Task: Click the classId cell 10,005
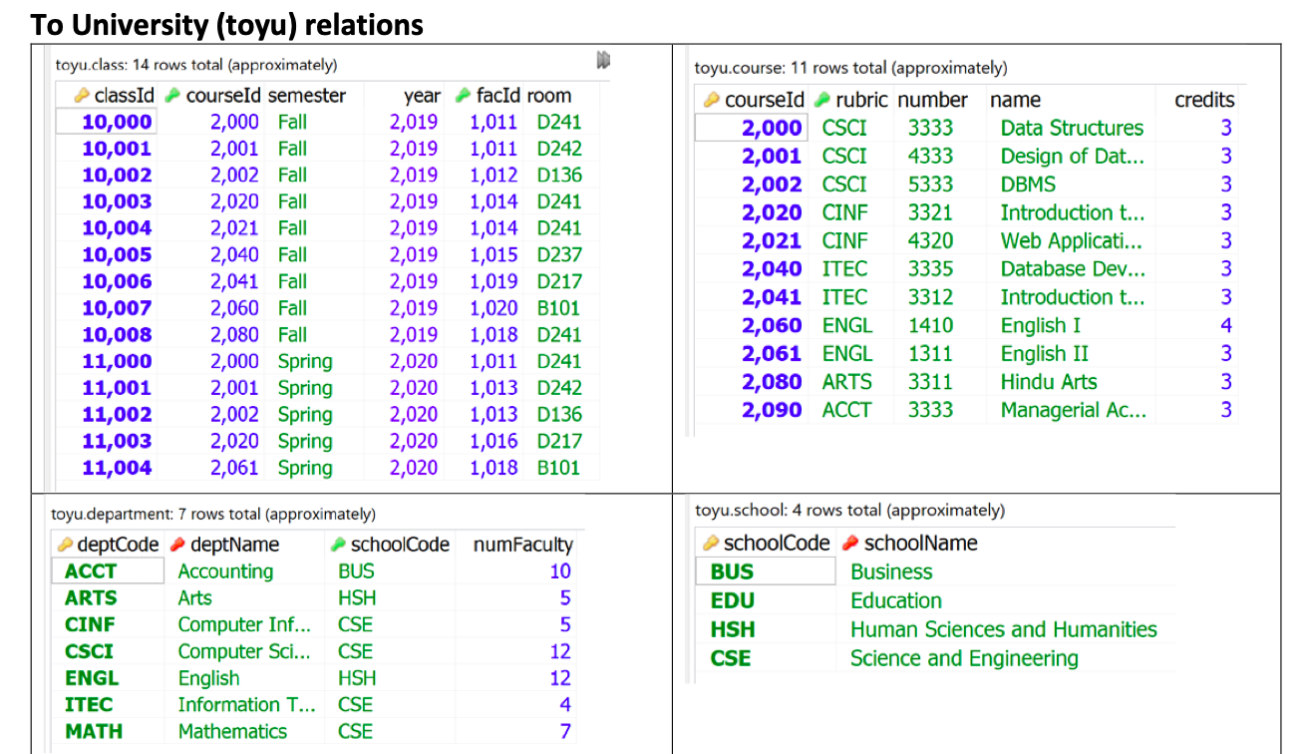coord(117,255)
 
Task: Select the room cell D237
coord(558,255)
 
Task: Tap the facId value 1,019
coord(493,281)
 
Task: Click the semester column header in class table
coord(306,96)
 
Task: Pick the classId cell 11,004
coord(117,468)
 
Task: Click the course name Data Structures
coord(1072,128)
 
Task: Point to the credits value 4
coord(1225,325)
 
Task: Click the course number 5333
coord(929,185)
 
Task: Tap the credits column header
coord(1204,100)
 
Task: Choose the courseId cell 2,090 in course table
coord(771,410)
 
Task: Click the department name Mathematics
coord(231,731)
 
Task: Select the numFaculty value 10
coord(559,571)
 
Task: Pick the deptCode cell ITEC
coord(89,704)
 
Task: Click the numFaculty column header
coord(522,545)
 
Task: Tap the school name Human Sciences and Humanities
coord(1003,629)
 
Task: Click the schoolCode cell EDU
coord(732,600)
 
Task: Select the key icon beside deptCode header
coord(65,545)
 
